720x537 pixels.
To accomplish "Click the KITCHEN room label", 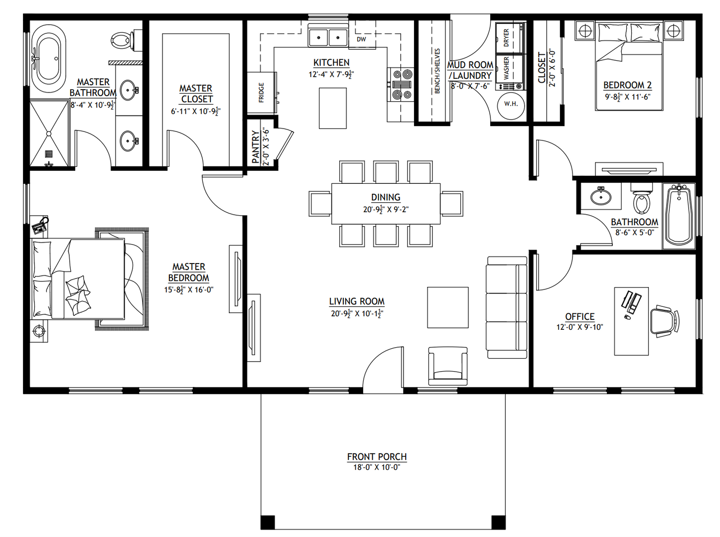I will [331, 63].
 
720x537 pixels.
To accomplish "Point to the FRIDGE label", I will [262, 93].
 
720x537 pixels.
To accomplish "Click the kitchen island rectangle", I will [332, 108].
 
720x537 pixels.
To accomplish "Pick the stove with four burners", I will [402, 85].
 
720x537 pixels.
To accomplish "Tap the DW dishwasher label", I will [361, 39].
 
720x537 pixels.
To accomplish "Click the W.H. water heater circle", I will [511, 104].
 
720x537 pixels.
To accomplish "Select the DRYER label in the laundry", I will [507, 38].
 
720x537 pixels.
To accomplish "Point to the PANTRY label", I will [256, 147].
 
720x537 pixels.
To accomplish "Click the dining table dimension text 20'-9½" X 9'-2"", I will [386, 210].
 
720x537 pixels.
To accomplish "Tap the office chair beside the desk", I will [665, 321].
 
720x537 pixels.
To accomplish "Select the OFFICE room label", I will [579, 317].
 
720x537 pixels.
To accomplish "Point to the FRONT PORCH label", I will [377, 457].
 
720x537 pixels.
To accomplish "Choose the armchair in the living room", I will [447, 366].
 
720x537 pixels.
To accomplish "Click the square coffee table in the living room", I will [447, 307].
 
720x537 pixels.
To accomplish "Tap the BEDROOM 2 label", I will [627, 85].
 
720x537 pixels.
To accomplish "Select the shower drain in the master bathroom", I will [49, 154].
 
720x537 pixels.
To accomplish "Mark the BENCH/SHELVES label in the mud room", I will [437, 71].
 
